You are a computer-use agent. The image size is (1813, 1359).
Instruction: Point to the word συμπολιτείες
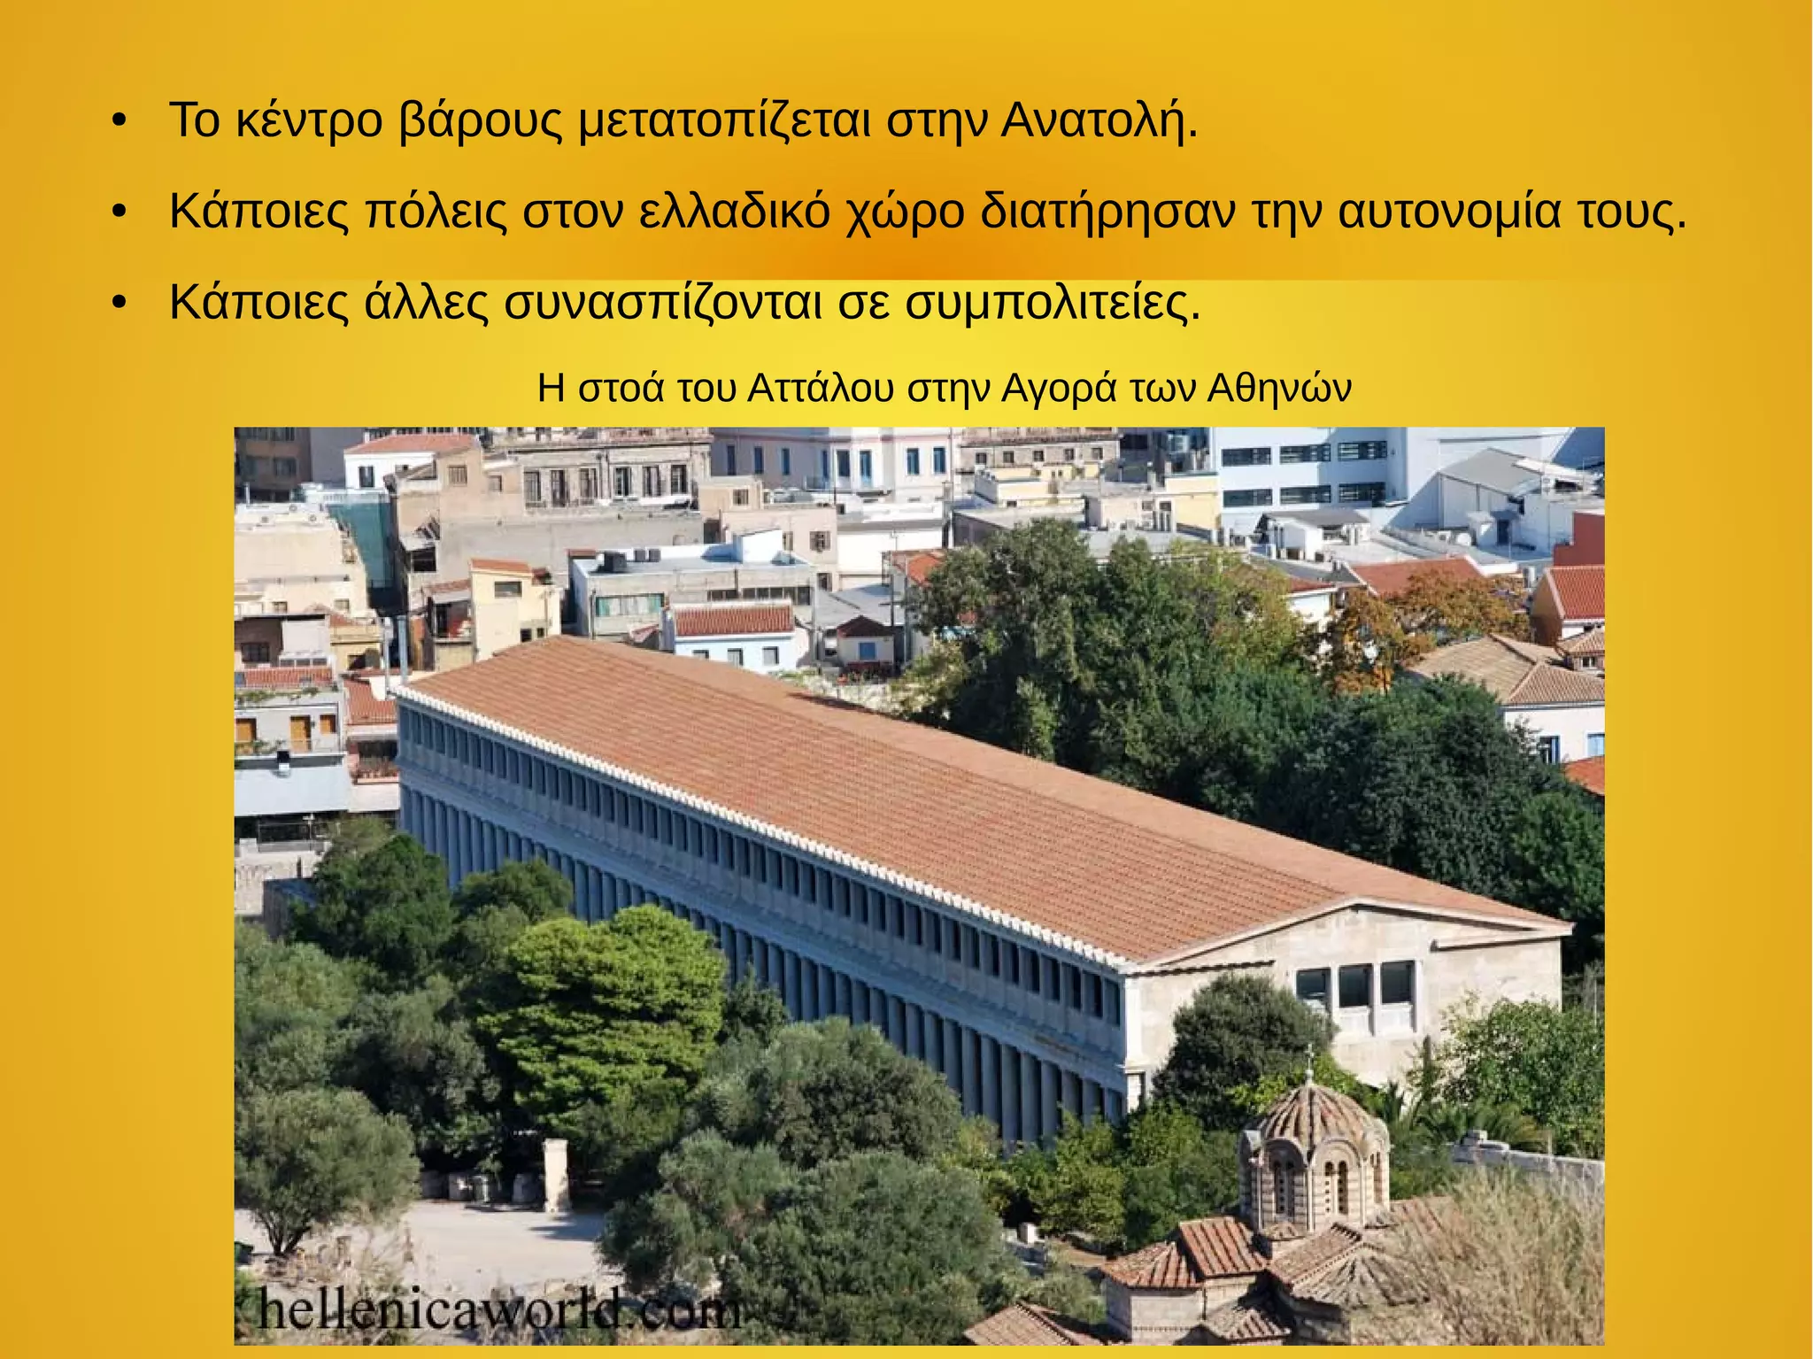pyautogui.click(x=1053, y=303)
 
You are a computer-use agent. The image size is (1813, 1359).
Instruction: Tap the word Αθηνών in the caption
pyautogui.click(x=1280, y=389)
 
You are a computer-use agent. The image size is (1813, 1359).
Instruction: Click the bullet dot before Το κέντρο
pyautogui.click(x=120, y=121)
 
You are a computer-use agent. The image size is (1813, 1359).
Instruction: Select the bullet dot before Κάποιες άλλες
pyautogui.click(x=120, y=304)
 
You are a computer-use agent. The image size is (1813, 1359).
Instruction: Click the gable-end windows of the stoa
pyautogui.click(x=1355, y=985)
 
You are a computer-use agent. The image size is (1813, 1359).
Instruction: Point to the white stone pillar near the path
pyautogui.click(x=556, y=1174)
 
